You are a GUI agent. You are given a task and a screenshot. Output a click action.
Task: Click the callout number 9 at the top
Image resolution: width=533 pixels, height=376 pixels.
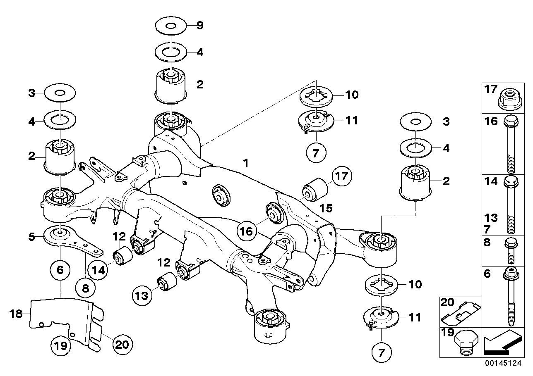click(x=200, y=26)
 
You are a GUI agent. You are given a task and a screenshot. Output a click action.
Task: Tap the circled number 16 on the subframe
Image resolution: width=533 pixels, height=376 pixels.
click(x=246, y=231)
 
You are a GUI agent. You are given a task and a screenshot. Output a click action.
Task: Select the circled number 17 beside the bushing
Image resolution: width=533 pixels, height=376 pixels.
click(x=341, y=177)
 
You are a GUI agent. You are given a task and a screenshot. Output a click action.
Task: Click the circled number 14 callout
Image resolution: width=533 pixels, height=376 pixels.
click(x=97, y=271)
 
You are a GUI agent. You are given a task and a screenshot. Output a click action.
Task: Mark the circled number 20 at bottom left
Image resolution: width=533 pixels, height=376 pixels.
click(x=123, y=343)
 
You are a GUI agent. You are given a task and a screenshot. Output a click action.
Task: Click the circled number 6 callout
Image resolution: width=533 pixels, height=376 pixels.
click(x=60, y=271)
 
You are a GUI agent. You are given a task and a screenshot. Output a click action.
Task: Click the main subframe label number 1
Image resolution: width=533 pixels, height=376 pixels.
click(x=246, y=163)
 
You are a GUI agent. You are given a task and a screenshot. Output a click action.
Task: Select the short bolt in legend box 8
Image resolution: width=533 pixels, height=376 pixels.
click(x=509, y=251)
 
